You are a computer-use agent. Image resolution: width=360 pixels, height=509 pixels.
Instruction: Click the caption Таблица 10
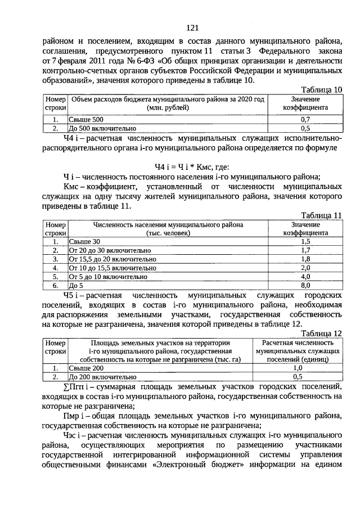point(321,90)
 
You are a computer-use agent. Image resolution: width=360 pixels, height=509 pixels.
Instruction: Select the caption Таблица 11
point(321,215)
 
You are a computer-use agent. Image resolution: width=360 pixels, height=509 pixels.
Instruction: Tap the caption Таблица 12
point(321,333)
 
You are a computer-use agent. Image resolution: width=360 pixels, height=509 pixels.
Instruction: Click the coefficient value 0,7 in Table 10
point(306,120)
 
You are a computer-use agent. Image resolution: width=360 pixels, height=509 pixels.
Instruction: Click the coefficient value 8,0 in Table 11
point(306,285)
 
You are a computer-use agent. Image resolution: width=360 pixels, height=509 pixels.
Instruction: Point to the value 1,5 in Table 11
point(306,241)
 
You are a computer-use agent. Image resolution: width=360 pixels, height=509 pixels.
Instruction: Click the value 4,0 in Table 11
point(306,277)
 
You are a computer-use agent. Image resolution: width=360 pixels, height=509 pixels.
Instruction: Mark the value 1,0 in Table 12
point(298,368)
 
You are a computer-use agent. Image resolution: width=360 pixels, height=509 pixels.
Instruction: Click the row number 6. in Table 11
point(55,285)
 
